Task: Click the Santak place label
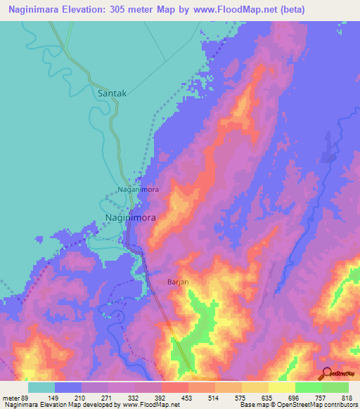[113, 92]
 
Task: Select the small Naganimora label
[138, 190]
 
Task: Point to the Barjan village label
[179, 282]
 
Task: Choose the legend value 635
[268, 397]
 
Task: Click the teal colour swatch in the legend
[41, 387]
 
